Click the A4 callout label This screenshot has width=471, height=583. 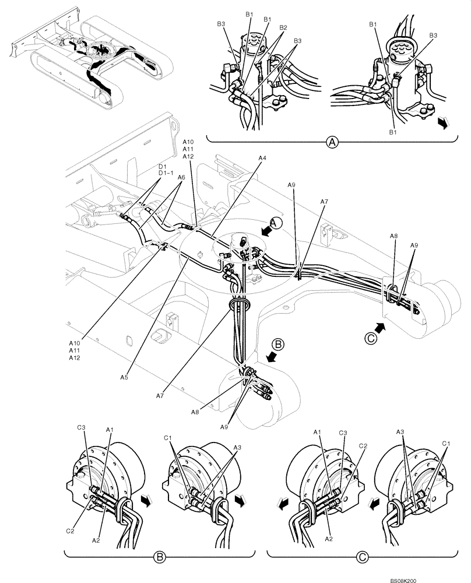click(x=263, y=157)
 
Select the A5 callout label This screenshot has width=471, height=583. click(x=124, y=378)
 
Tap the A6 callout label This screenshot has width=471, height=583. click(x=181, y=178)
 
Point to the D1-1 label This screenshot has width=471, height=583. click(x=165, y=173)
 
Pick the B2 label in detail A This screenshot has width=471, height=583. click(x=283, y=27)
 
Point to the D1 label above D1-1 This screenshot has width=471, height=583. click(x=162, y=166)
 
